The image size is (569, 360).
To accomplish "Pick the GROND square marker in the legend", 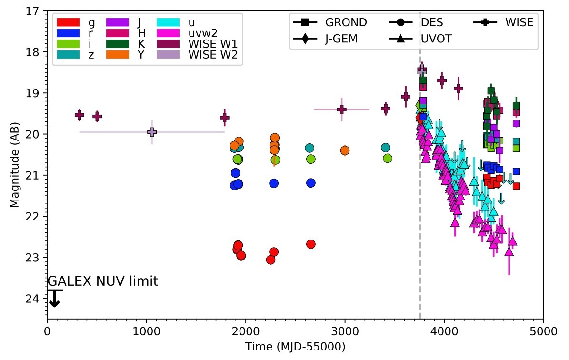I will tap(305, 22).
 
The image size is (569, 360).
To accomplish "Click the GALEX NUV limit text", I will tap(102, 281).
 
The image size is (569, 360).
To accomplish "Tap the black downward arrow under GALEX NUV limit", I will tap(54, 299).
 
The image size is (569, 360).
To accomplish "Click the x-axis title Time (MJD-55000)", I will tap(295, 346).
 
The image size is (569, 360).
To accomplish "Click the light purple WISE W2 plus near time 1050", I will tap(152, 131).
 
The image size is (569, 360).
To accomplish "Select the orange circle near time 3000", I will tap(345, 150).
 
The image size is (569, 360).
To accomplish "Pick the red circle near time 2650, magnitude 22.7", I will tap(311, 244).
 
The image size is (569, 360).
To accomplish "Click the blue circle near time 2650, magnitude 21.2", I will tap(311, 183).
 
